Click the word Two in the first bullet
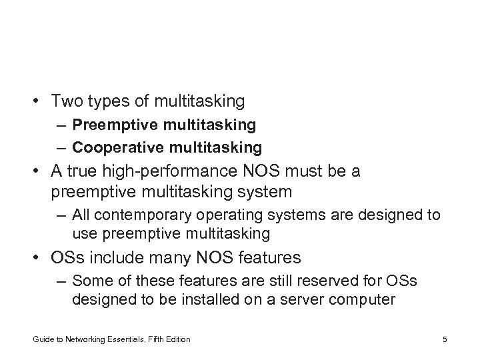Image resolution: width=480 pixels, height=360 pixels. pyautogui.click(x=65, y=101)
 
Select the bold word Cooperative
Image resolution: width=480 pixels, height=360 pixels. pyautogui.click(x=111, y=146)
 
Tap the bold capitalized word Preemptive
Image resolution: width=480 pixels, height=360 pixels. pyautogui.click(x=109, y=125)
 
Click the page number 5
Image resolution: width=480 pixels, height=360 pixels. pyautogui.click(x=444, y=339)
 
